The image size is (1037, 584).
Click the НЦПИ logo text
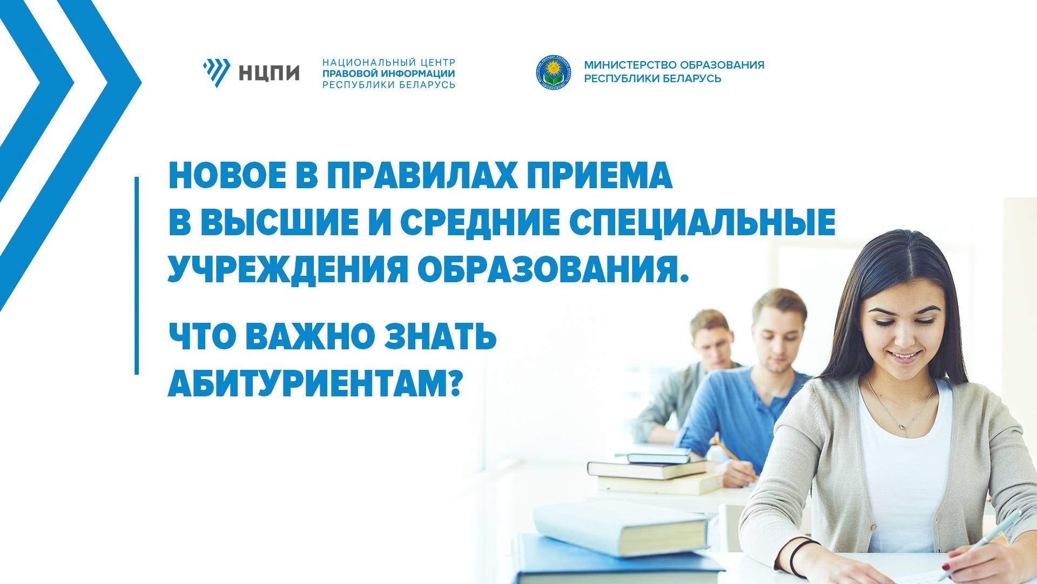click(269, 71)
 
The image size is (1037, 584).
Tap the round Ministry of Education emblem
click(552, 72)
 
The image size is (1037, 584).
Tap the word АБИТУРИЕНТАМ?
click(314, 384)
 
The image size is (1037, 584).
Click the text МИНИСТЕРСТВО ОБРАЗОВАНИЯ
click(674, 65)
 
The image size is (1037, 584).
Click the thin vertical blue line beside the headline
click(137, 275)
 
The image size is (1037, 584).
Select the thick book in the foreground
click(621, 527)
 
